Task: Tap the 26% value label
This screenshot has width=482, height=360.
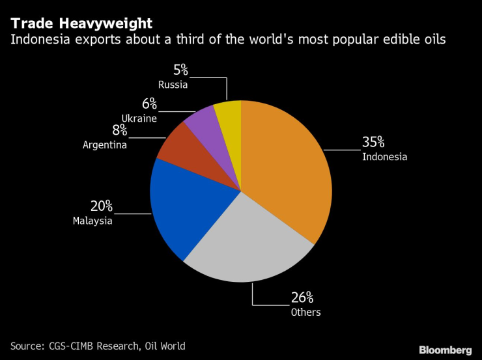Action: [302, 298]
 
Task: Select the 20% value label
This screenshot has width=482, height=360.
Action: [102, 206]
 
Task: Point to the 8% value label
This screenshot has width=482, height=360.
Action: [119, 130]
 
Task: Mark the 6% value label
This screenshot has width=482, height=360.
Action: [149, 104]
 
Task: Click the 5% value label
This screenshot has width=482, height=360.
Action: [180, 70]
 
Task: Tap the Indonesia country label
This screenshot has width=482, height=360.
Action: [385, 157]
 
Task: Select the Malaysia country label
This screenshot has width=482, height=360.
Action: [92, 221]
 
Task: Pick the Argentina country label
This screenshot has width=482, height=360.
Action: [104, 145]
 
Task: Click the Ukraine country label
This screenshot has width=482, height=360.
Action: [139, 118]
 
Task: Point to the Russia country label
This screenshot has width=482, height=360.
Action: [173, 84]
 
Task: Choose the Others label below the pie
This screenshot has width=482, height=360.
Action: [305, 312]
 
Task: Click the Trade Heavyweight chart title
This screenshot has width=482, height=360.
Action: [81, 23]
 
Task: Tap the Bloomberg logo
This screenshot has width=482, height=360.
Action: [445, 350]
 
